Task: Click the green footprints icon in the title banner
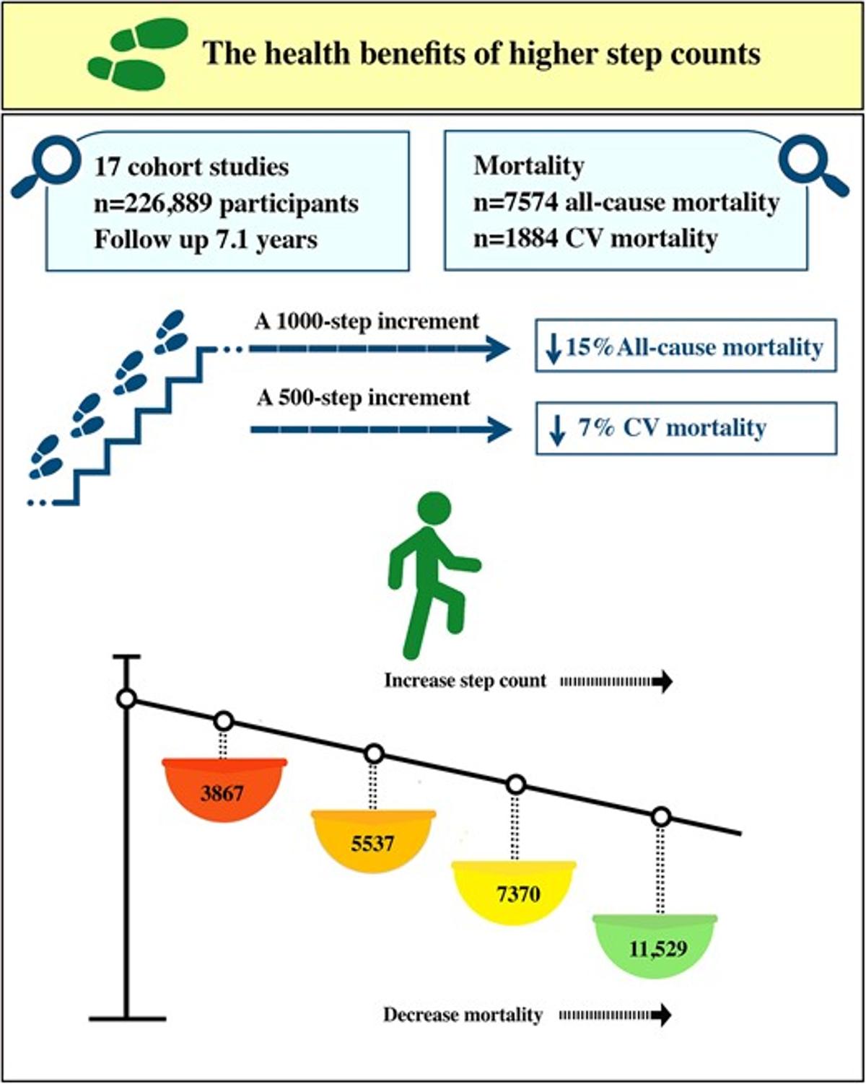tap(136, 55)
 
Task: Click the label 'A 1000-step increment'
tap(367, 321)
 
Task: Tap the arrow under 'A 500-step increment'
tap(380, 429)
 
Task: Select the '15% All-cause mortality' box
tap(686, 347)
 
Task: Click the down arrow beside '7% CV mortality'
tap(556, 429)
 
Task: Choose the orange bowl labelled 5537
tap(373, 840)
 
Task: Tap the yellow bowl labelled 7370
tap(514, 892)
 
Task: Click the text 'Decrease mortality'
tap(463, 1015)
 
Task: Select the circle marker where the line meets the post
tap(127, 699)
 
